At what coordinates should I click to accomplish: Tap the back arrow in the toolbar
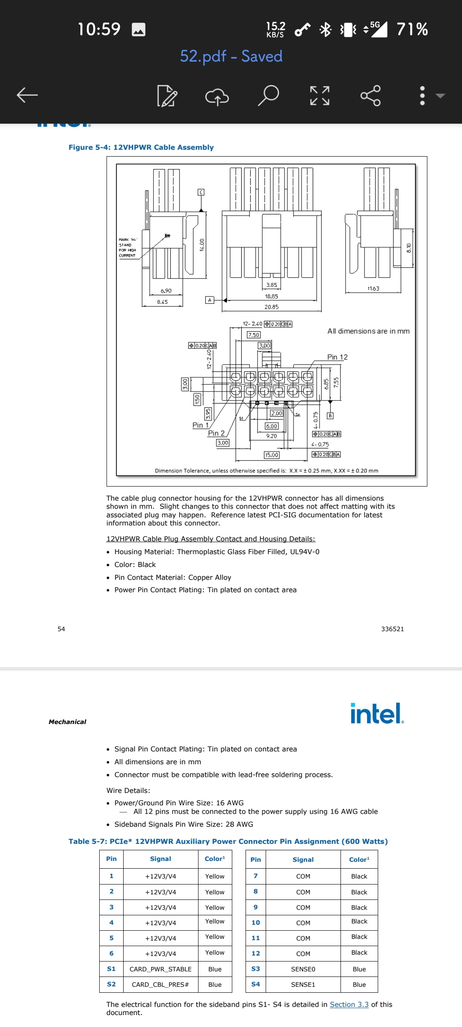point(27,95)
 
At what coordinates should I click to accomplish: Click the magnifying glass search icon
point(269,95)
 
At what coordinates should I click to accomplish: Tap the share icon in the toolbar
point(370,95)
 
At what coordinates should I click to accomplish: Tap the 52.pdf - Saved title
point(231,56)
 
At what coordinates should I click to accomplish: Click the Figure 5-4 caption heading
point(141,147)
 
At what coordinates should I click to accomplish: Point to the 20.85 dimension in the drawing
point(272,307)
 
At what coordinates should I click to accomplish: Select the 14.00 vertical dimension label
point(202,245)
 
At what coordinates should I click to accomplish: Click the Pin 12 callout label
point(338,357)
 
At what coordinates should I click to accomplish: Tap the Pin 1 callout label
point(200,425)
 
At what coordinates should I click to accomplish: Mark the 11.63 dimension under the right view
point(373,288)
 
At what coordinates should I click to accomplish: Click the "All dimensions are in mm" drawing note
point(368,331)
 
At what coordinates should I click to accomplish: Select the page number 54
point(61,629)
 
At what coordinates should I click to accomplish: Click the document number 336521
point(392,629)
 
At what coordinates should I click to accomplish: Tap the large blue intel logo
point(376,713)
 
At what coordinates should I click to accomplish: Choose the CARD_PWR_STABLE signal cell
point(160,969)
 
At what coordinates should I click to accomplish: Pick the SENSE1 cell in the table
point(303,984)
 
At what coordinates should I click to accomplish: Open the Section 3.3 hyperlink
point(349,1004)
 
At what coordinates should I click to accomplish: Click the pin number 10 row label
point(256,923)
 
